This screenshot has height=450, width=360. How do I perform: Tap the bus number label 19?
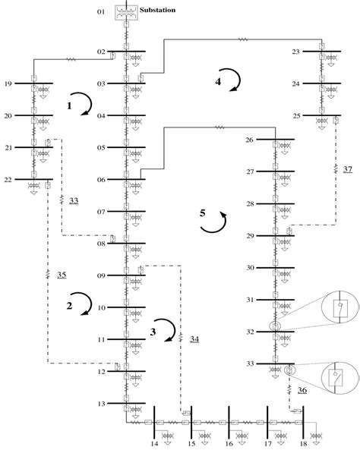point(8,83)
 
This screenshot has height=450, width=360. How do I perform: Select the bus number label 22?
point(8,180)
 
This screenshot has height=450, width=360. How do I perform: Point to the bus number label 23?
point(295,52)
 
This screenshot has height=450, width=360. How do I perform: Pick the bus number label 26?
point(249,140)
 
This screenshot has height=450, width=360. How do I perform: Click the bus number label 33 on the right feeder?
point(249,364)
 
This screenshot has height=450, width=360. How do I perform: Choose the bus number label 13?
point(103,404)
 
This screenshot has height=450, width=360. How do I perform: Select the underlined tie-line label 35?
point(62,274)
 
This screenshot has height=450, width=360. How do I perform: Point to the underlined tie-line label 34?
point(194,338)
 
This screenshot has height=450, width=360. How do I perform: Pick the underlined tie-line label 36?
point(302,390)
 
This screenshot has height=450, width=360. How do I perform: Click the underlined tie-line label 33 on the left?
point(73,201)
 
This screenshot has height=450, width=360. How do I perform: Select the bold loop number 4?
point(218,82)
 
